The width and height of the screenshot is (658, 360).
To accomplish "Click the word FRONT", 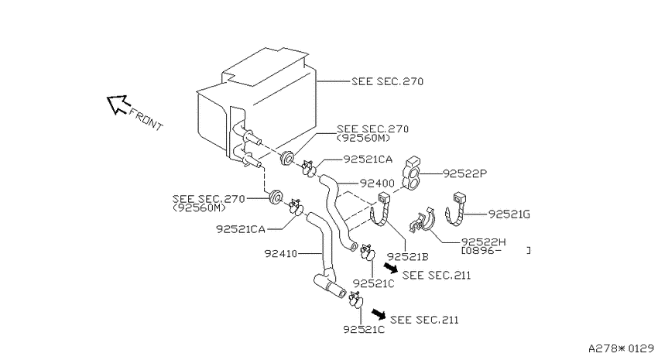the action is tap(146, 119).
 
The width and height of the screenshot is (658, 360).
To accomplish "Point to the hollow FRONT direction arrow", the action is tap(118, 104).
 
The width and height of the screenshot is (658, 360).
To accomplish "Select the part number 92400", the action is tap(377, 183).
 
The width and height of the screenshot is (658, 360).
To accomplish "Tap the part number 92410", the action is tap(281, 253).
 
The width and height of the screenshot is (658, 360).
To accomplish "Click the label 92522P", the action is tap(465, 173).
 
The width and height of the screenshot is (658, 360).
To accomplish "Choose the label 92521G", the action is tap(509, 214).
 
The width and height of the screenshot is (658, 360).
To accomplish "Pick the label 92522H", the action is tap(483, 242).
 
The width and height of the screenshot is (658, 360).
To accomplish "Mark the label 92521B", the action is tap(407, 256).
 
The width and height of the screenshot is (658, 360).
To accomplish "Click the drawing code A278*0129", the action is tap(621, 348).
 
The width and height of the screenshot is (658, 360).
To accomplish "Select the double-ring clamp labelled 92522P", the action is tap(411, 173).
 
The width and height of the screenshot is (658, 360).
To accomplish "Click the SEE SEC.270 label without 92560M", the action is tap(387, 81).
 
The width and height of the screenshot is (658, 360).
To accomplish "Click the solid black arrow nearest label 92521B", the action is tap(391, 267).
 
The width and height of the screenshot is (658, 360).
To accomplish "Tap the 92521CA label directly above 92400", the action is tap(368, 159).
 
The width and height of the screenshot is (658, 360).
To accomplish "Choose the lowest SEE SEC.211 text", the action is tap(424, 320).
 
